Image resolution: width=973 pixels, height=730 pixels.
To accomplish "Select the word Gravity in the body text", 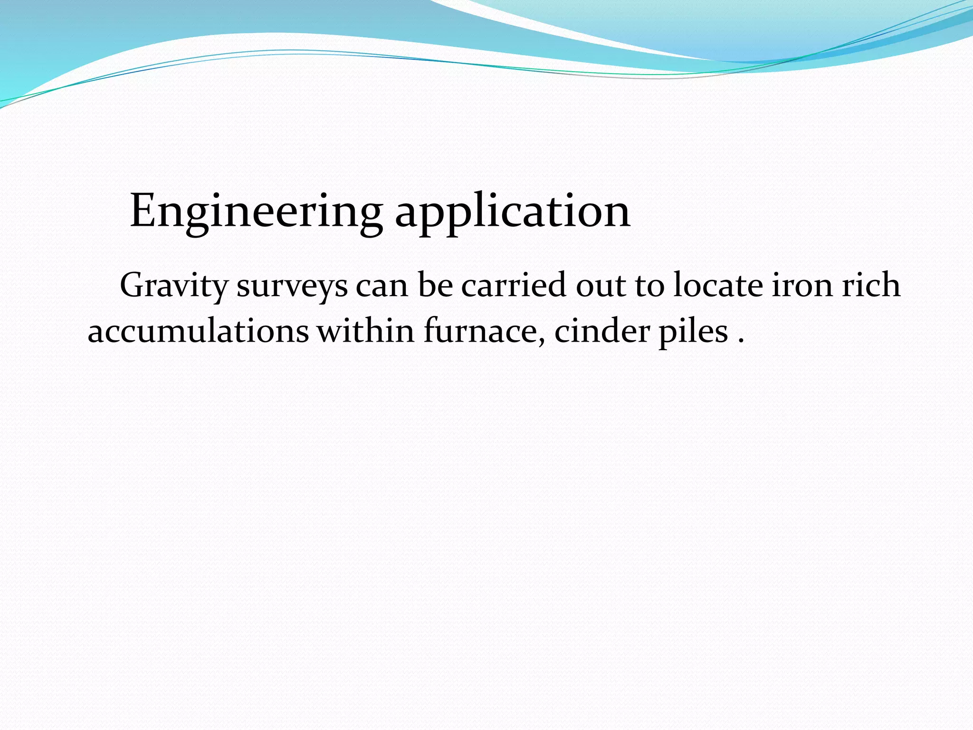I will tap(174, 286).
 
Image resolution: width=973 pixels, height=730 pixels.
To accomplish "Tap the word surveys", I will tap(292, 286).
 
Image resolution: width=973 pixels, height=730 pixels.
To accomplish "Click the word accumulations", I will tap(198, 331).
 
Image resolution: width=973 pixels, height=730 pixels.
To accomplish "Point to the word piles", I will tap(693, 331).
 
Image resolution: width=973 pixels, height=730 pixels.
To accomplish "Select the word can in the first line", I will tap(382, 286).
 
